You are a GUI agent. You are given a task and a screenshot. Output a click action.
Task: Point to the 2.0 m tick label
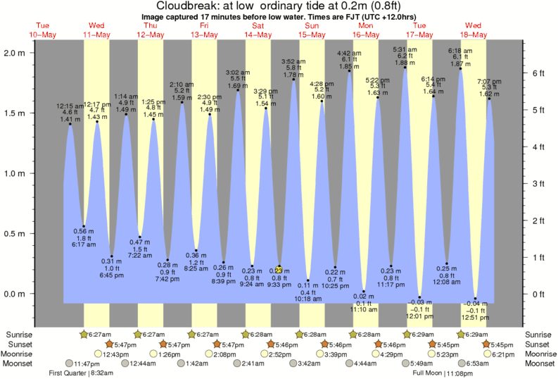click(x=15, y=53)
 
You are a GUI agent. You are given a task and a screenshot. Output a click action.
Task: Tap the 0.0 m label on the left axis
click(x=15, y=294)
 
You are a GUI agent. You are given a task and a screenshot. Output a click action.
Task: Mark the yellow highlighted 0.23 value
click(x=279, y=270)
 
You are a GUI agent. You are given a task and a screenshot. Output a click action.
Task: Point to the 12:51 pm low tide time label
click(x=476, y=317)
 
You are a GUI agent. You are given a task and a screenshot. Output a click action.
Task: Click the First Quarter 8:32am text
click(x=78, y=373)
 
